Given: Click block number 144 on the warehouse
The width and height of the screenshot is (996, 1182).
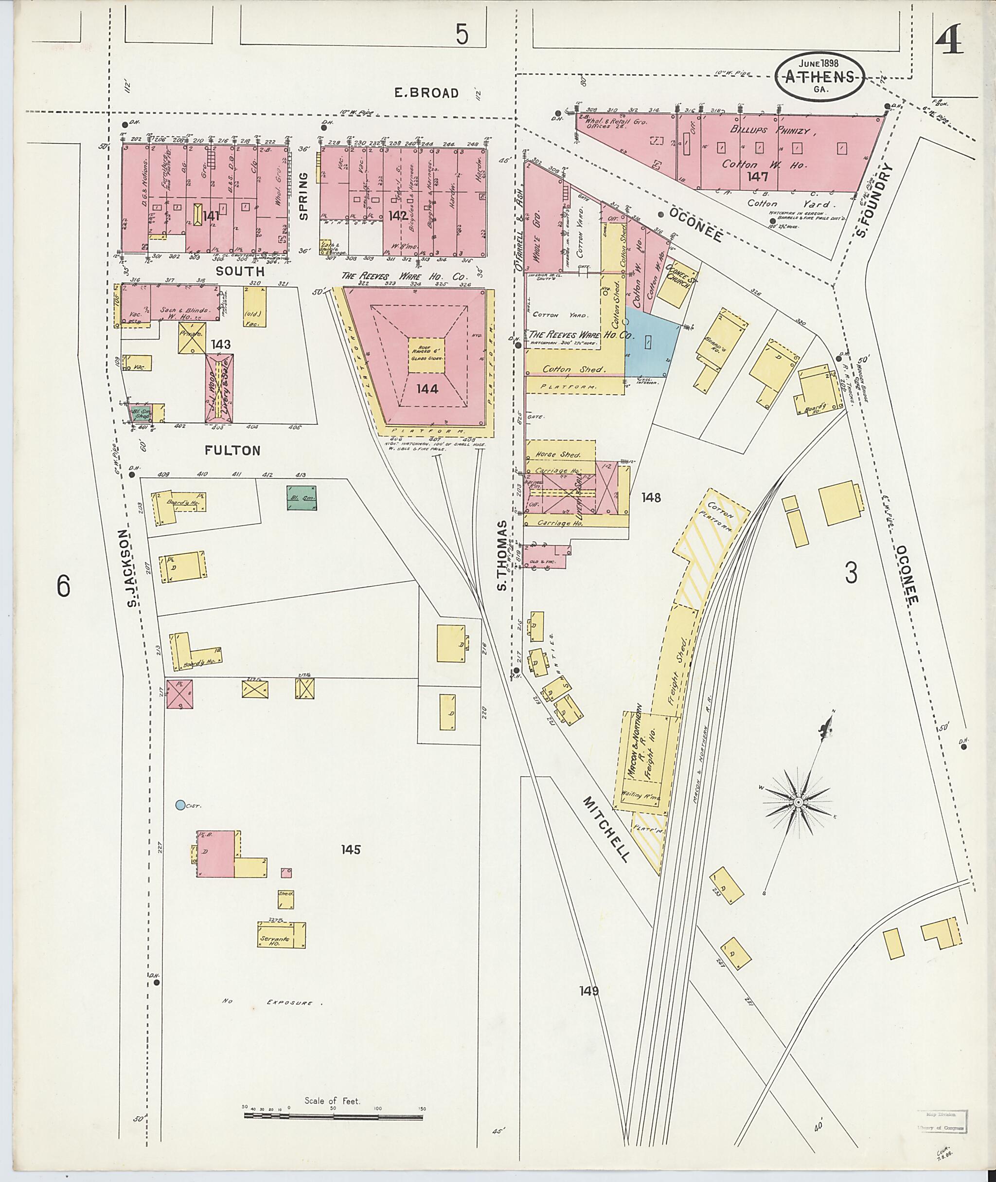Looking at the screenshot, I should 427,388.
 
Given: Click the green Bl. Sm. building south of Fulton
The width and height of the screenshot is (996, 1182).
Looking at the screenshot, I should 302,497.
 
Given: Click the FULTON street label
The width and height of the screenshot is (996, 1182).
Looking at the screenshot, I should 232,450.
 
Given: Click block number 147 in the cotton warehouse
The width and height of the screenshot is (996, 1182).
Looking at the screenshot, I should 757,176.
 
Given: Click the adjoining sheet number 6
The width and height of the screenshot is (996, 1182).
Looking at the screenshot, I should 63,586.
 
